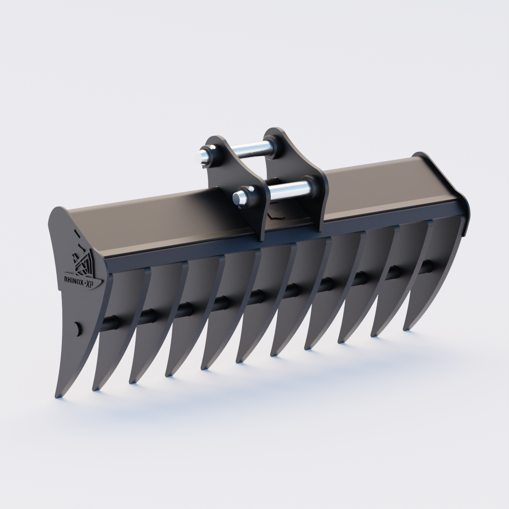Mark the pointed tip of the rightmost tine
pos(408,327)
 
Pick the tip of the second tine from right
pos(375,335)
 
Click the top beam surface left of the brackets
pos(144,221)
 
